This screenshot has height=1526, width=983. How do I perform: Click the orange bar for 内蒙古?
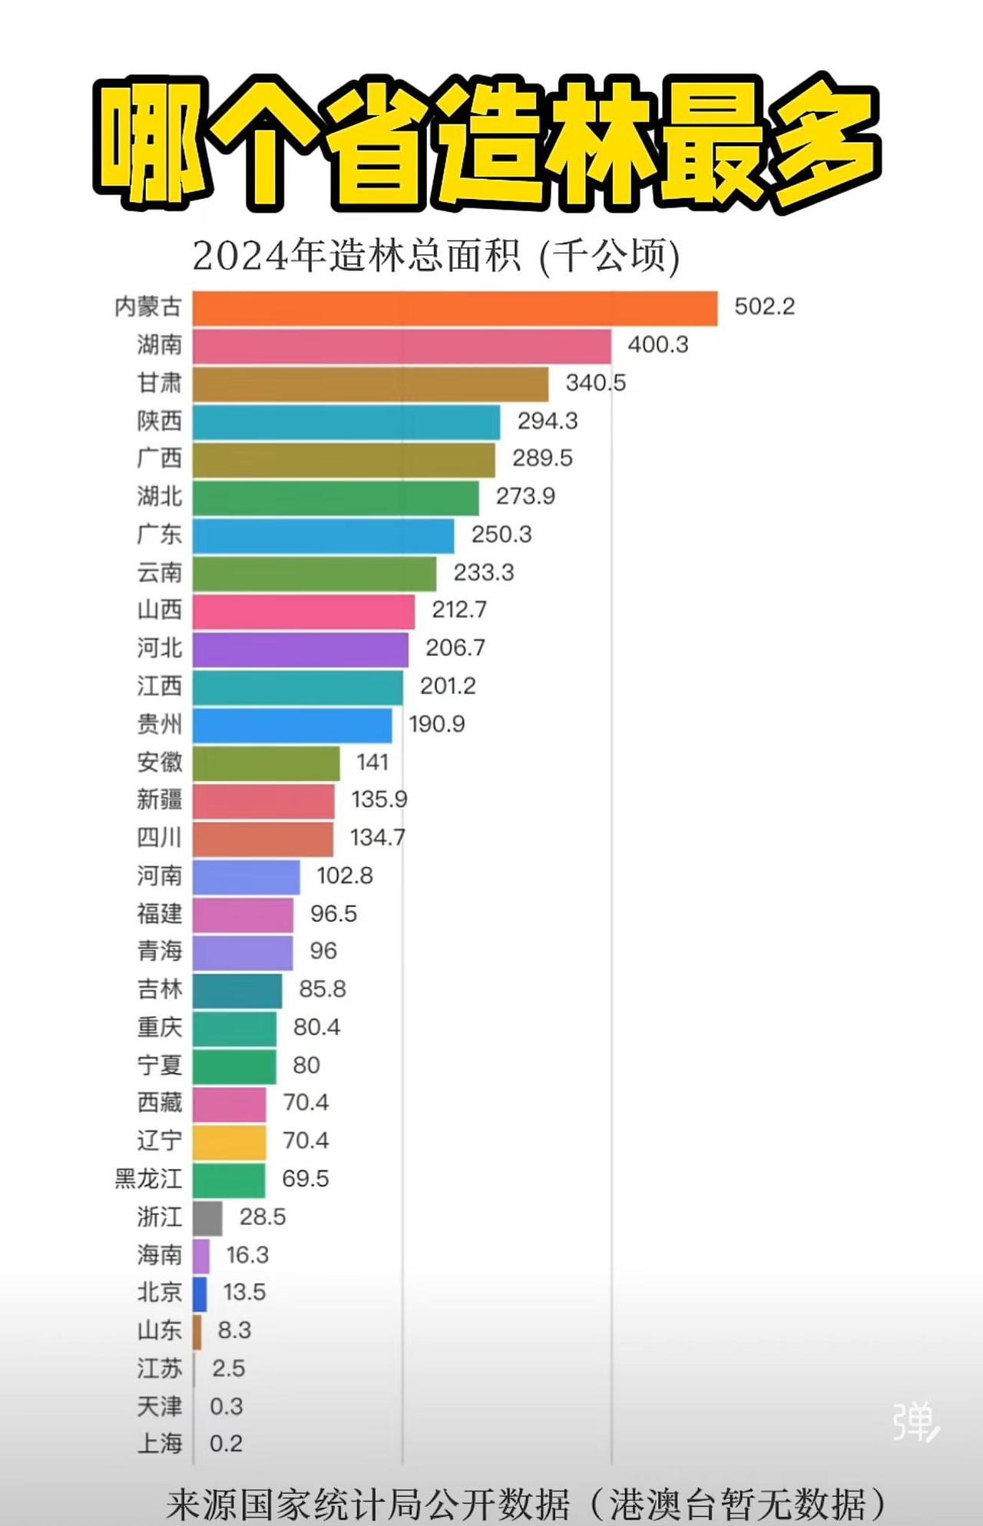pos(455,308)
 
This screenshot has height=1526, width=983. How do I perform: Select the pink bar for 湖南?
pos(402,346)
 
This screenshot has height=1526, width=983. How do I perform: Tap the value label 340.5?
pos(595,382)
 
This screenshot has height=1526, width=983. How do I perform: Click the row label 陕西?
pos(160,421)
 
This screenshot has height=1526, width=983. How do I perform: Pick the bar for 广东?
pos(323,535)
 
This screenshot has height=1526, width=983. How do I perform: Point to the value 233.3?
pos(483,572)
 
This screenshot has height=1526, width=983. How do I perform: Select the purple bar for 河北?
pos(300,650)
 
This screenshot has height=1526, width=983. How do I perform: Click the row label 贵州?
pos(160,723)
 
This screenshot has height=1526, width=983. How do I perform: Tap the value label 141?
pos(372,762)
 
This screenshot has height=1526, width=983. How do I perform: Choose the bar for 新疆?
pos(263,801)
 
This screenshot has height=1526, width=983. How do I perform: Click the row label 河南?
pos(160,876)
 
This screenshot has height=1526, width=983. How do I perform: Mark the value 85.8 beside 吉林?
pos(322,988)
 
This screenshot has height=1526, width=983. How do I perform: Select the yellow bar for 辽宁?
pos(229,1142)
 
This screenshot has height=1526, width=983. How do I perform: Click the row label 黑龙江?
pos(148,1179)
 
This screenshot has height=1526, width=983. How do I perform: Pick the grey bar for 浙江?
pos(207,1218)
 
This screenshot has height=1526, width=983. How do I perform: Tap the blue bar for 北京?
pos(200,1293)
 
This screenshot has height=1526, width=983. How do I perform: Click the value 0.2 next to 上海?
pos(226,1444)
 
